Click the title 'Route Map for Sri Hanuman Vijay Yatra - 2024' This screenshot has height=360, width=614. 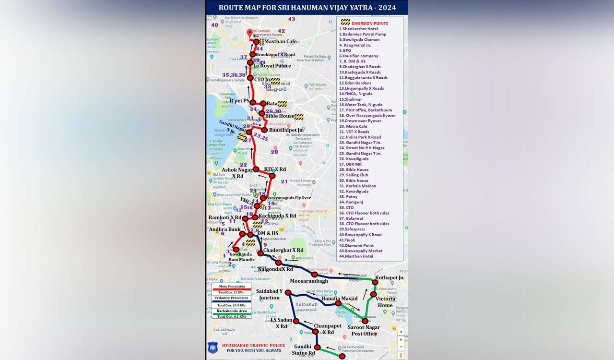[307, 7]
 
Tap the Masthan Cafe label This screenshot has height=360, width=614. [281, 42]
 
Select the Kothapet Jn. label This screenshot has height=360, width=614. [390, 278]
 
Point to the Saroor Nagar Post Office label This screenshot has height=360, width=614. [364, 331]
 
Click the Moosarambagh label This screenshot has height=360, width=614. [309, 281]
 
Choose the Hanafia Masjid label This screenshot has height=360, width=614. [339, 299]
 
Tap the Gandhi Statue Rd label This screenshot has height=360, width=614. [303, 349]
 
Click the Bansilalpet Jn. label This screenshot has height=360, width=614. [286, 130]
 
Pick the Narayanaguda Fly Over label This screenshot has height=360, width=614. [289, 198]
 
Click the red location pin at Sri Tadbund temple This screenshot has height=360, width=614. [249, 33]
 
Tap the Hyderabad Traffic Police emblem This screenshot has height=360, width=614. [213, 348]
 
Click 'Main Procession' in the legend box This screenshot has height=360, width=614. [232, 287]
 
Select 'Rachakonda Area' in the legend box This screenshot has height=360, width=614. [232, 311]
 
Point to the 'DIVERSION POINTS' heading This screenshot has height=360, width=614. [369, 23]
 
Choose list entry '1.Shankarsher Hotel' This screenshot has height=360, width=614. [358, 29]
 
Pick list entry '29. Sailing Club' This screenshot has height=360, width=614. [354, 175]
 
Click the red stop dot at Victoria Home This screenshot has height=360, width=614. [373, 294]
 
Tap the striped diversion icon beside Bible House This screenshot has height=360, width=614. [299, 117]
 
